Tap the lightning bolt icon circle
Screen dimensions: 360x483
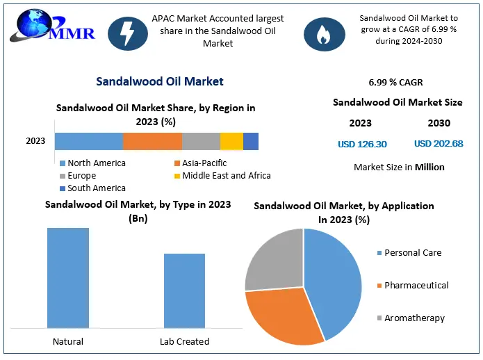[127, 33]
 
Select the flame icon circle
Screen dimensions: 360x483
[324, 33]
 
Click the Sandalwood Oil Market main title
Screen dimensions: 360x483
[160, 81]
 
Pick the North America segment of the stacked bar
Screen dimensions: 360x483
[89, 141]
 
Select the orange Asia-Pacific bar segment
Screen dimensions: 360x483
[152, 141]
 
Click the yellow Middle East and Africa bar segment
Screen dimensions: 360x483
[231, 141]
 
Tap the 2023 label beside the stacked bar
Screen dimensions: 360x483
[35, 141]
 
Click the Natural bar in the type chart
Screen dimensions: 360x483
[68, 277]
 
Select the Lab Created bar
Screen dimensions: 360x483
[184, 291]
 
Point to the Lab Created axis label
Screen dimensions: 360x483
[184, 341]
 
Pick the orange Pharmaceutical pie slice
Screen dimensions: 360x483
[281, 316]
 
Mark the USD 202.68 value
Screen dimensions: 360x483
[439, 145]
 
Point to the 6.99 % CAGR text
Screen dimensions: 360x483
[396, 83]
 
